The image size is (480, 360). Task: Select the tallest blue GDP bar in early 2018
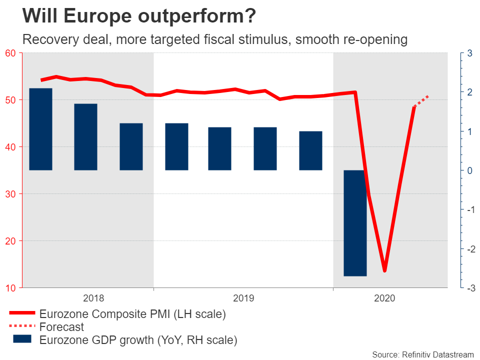(x=40, y=129)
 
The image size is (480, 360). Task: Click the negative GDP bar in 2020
(x=355, y=223)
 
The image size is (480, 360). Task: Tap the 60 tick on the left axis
(x=10, y=53)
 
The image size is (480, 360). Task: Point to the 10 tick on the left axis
(x=10, y=288)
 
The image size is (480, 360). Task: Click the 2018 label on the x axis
(x=93, y=298)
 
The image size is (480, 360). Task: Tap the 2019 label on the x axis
(x=243, y=298)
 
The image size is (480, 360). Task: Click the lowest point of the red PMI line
(x=384, y=270)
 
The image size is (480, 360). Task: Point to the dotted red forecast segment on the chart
(x=421, y=101)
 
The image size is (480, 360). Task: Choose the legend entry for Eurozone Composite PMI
(x=132, y=314)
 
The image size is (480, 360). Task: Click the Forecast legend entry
(x=61, y=327)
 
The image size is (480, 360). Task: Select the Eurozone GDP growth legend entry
(x=138, y=340)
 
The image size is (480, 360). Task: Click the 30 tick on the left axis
(x=10, y=194)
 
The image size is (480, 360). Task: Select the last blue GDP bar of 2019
(x=310, y=150)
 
